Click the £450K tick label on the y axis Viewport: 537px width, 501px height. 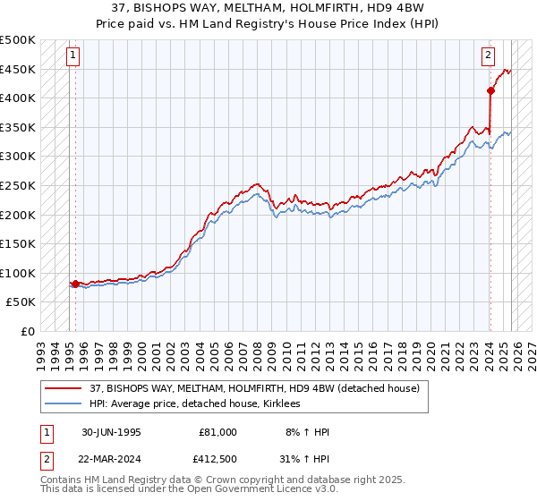pos(18,69)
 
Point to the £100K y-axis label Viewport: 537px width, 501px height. pos(18,273)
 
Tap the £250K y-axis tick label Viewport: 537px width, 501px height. pos(18,185)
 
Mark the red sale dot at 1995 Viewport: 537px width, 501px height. pos(75,284)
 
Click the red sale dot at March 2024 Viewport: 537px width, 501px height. pos(490,90)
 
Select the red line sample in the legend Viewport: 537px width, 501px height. pos(64,387)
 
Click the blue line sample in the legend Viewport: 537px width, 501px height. pos(64,403)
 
